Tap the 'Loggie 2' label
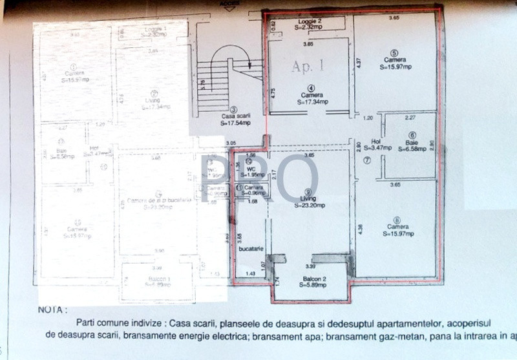click(310, 21)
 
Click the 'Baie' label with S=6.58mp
click(412, 142)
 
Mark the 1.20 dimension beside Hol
click(368, 118)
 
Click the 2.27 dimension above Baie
click(409, 118)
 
